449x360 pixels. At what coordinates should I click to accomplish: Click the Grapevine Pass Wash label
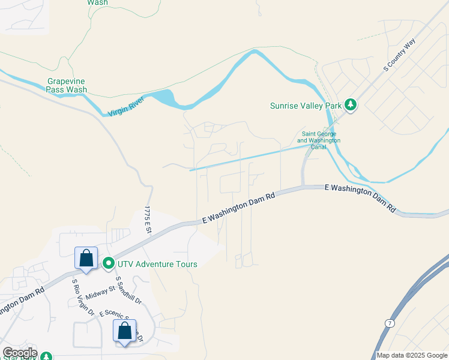click(67, 85)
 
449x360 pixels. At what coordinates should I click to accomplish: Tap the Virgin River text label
click(128, 107)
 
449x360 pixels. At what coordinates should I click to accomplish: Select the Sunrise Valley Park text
click(306, 106)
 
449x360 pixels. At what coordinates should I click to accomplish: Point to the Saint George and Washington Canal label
click(319, 140)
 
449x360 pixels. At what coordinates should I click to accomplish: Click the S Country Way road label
click(400, 55)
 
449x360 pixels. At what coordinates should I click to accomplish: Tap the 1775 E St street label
click(148, 220)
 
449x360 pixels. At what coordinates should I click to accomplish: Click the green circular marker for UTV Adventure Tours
click(109, 263)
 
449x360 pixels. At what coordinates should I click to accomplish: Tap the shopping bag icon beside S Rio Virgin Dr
click(86, 259)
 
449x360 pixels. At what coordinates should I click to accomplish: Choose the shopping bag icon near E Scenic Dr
click(124, 331)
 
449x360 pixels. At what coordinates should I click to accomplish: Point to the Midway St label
click(100, 292)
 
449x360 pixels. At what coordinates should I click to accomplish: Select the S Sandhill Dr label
click(128, 290)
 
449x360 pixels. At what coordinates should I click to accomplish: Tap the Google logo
click(20, 353)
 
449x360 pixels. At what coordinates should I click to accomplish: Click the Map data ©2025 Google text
click(412, 355)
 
